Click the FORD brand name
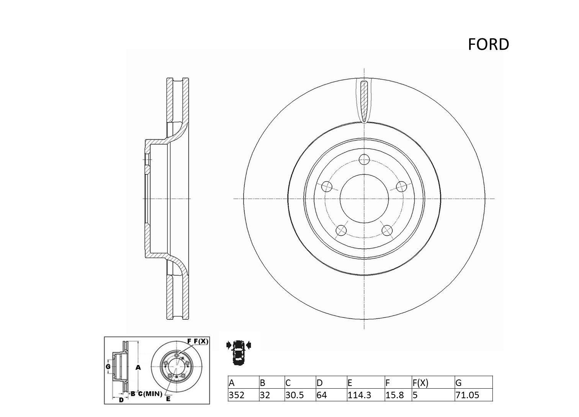(x=488, y=44)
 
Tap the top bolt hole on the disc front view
(x=364, y=159)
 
